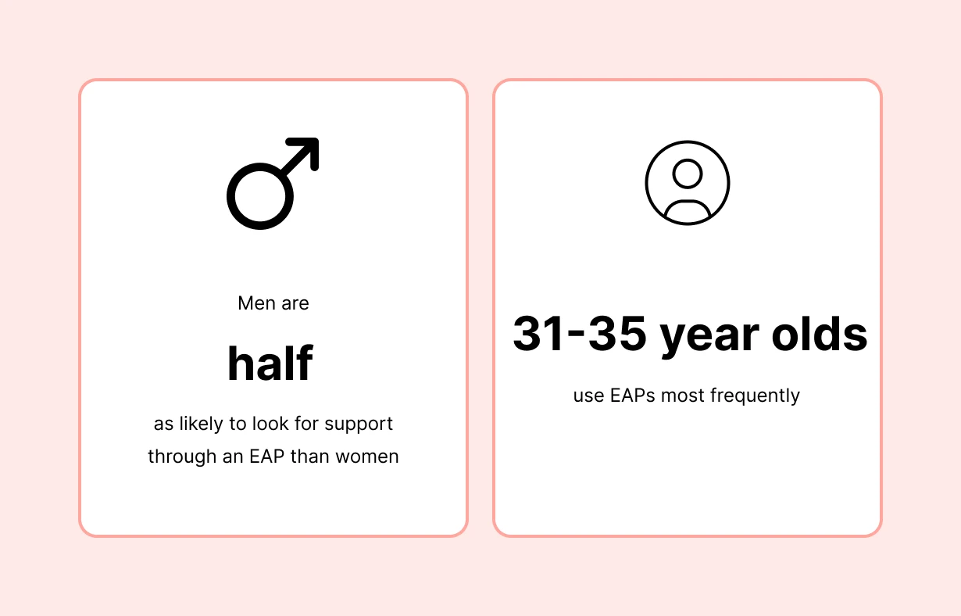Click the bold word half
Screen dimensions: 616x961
pyautogui.click(x=270, y=364)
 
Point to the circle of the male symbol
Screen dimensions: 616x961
pyautogui.click(x=260, y=196)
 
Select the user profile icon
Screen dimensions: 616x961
pyautogui.click(x=688, y=183)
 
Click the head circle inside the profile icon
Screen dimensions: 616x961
pyautogui.click(x=688, y=174)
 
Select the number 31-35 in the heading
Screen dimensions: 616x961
pyautogui.click(x=579, y=335)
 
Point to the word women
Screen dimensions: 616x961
pyautogui.click(x=370, y=457)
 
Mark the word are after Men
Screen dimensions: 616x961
pyautogui.click(x=295, y=303)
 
